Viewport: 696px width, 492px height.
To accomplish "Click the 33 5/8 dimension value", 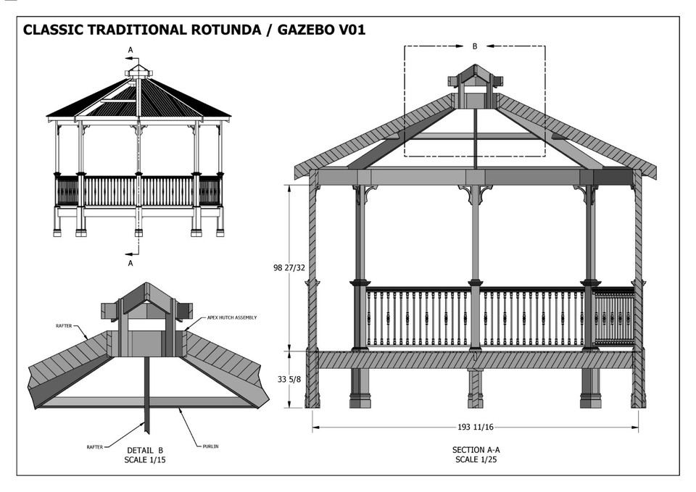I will pos(289,378).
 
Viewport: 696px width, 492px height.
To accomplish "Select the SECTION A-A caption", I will pos(476,450).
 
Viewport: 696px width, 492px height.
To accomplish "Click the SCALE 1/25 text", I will pos(476,459).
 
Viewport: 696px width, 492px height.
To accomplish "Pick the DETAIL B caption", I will pos(145,450).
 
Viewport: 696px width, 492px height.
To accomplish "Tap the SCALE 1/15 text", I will pos(145,459).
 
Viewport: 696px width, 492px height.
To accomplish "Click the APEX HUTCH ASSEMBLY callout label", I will pos(232,317).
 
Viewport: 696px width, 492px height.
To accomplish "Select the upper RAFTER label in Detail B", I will pos(64,326).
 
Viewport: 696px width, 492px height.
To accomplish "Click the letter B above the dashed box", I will pos(475,46).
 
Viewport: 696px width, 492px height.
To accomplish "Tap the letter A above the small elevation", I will pos(130,49).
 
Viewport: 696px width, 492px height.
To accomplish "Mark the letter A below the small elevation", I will pos(130,264).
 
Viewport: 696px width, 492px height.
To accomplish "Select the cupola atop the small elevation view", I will pos(138,72).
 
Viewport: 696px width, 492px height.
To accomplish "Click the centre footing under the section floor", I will pos(475,388).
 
